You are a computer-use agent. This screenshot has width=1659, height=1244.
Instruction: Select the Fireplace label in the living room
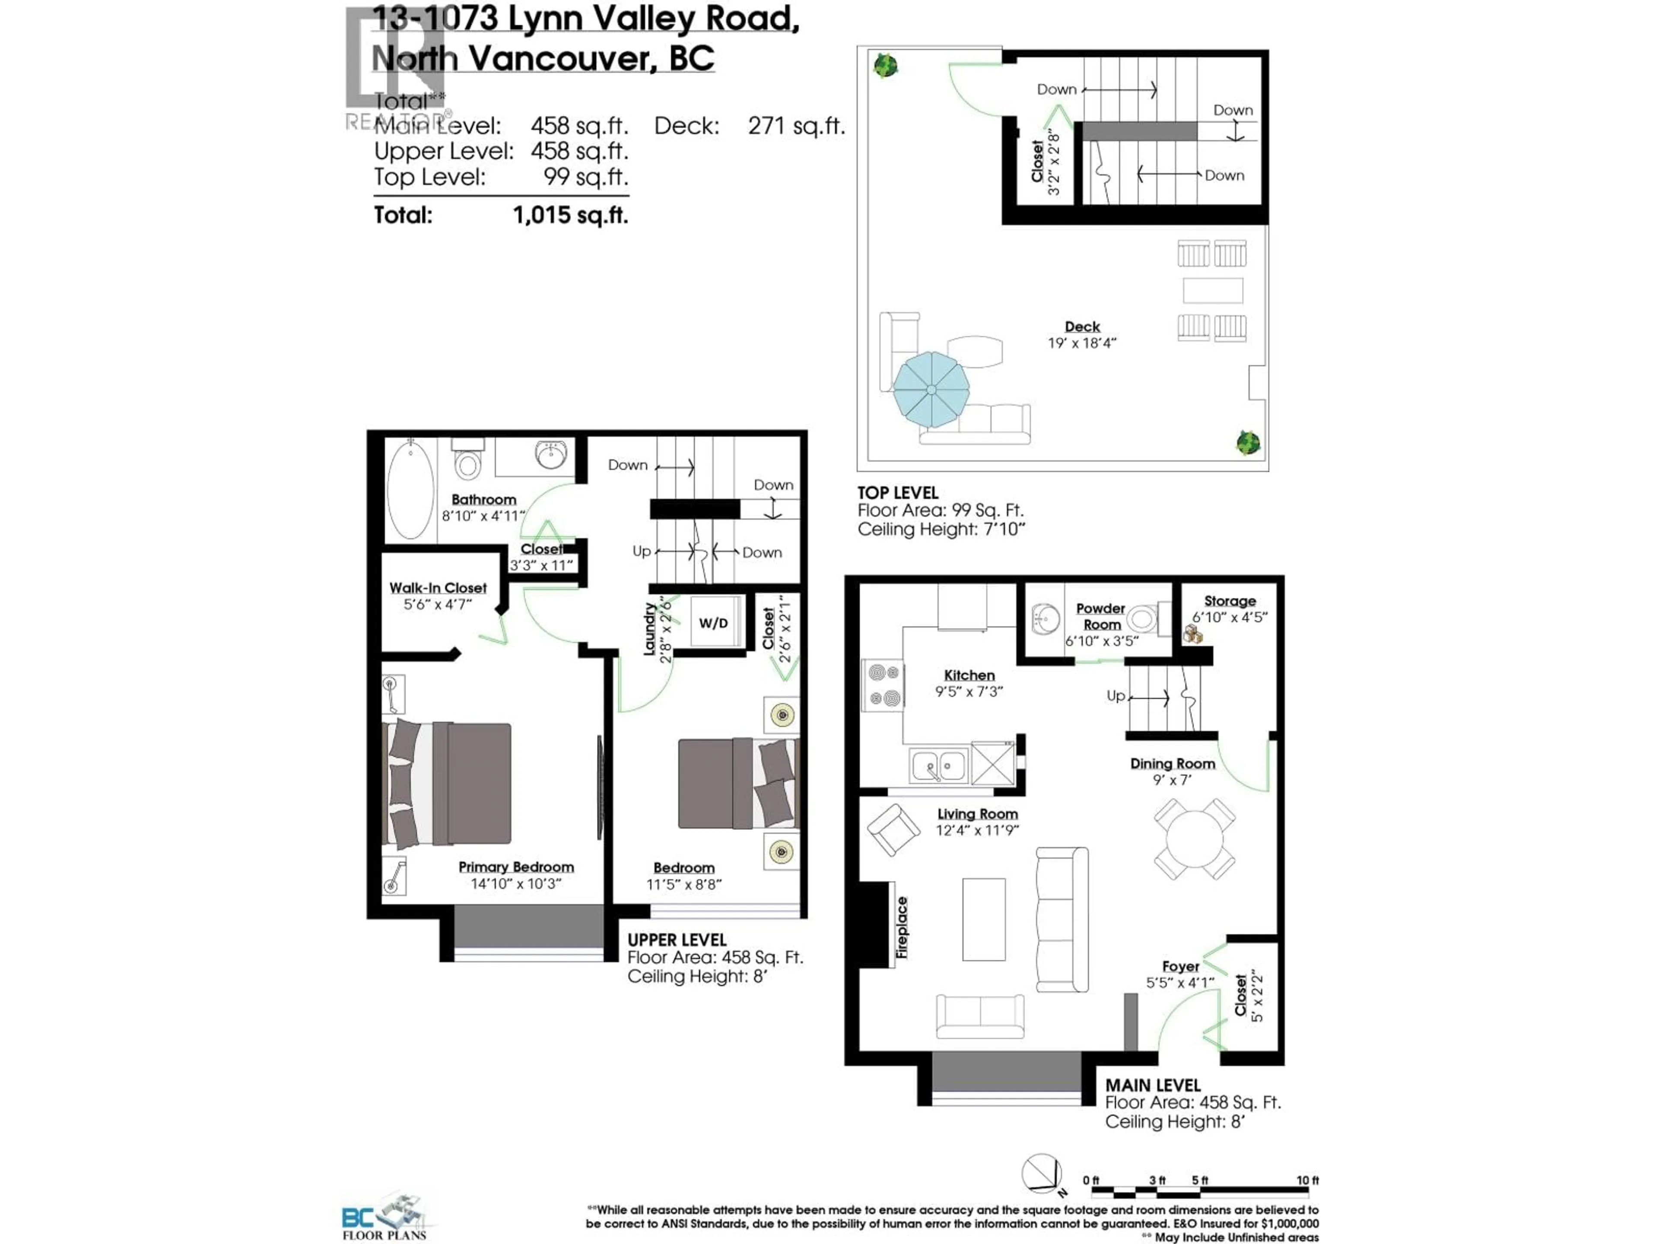(902, 927)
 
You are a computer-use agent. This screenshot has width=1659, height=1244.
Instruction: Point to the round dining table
(1194, 838)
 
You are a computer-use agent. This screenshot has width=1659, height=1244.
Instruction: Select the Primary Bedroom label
(516, 867)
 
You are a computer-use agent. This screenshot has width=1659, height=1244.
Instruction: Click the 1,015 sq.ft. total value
(570, 216)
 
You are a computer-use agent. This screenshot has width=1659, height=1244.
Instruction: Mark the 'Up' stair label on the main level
(1115, 696)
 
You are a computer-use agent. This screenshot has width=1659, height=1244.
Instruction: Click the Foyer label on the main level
(1180, 967)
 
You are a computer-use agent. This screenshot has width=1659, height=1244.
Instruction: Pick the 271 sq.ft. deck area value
(796, 126)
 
